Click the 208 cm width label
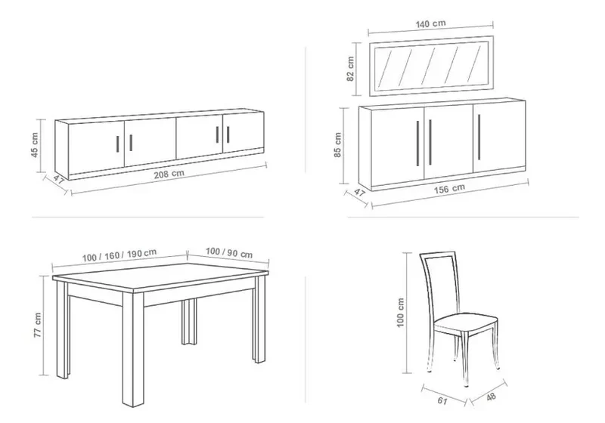pos(169,174)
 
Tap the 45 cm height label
pos(34,145)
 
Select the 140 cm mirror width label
pos(430,23)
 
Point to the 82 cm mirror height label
pos(350,69)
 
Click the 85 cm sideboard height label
pos(337,145)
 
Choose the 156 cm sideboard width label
pos(449,189)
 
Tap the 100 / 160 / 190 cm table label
pos(119,255)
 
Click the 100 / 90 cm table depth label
pos(229,253)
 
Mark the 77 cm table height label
pos(37,325)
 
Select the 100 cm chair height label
pos(400,313)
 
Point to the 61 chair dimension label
pos(442,400)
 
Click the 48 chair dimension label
pos(491,397)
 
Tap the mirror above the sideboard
pos(431,66)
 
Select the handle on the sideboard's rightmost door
pos(479,137)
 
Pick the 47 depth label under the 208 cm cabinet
pos(59,180)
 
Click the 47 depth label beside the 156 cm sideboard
pos(359,193)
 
